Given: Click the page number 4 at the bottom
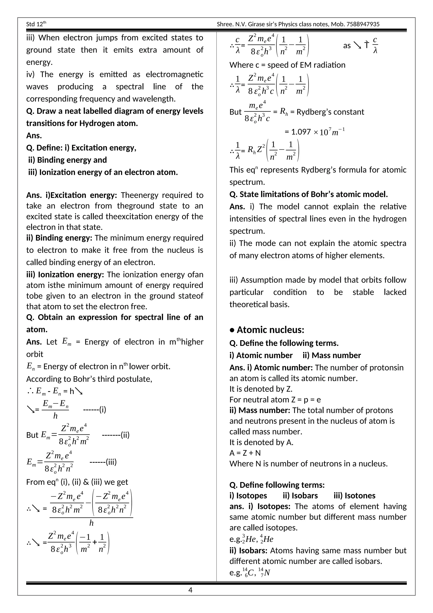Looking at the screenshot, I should point(190,590).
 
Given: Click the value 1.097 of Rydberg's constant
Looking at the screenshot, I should point(301,132).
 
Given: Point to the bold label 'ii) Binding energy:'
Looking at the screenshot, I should point(59,238).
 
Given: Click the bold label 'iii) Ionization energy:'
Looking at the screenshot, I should point(65,275).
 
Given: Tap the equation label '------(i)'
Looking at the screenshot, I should point(95,409).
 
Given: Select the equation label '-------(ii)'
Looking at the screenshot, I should point(116,435).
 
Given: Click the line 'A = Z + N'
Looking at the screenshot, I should point(245,453).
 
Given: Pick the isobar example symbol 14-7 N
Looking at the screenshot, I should point(264,573).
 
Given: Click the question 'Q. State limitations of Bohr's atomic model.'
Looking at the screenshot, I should point(308,194).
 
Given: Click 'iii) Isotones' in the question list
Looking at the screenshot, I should point(354,496).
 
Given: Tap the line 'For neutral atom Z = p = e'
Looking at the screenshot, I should point(275,399).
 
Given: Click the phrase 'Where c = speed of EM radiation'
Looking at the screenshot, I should point(287,65).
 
